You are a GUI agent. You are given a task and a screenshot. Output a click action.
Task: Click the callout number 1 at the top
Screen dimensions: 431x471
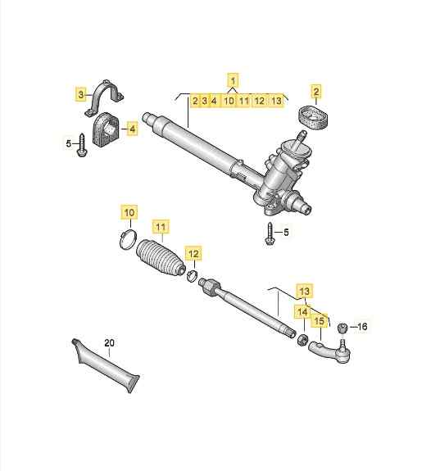tap(234, 80)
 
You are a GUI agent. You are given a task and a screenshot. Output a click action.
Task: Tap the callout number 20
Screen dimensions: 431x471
tap(110, 342)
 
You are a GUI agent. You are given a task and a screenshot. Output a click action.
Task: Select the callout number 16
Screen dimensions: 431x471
tap(362, 326)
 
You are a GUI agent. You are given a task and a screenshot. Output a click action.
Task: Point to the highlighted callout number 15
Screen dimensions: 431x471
tap(320, 321)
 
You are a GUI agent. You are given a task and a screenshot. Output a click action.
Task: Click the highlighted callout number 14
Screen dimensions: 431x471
tap(302, 312)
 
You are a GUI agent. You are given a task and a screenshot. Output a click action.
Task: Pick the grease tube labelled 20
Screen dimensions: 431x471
tap(106, 365)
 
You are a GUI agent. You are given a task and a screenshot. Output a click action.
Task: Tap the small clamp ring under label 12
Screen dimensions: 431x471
tap(192, 276)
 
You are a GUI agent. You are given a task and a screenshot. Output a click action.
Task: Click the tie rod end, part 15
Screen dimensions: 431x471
tap(329, 351)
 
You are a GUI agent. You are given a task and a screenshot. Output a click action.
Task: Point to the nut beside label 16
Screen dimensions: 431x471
tap(343, 328)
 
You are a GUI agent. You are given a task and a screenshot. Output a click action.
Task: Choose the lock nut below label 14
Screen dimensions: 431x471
tap(302, 339)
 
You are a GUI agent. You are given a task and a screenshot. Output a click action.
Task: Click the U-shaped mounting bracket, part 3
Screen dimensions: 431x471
tap(105, 98)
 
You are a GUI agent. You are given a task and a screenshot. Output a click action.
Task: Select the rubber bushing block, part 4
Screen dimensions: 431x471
tap(106, 129)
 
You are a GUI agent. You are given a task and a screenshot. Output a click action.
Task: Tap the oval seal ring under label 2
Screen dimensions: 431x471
tap(314, 117)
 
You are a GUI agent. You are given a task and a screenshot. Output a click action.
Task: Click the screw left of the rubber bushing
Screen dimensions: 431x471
tap(82, 145)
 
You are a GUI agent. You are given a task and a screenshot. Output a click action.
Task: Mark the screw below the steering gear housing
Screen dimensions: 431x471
tap(270, 233)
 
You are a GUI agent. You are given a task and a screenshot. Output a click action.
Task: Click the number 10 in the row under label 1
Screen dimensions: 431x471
tap(229, 101)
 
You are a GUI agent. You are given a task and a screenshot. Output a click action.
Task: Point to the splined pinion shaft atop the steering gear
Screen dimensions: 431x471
tap(300, 138)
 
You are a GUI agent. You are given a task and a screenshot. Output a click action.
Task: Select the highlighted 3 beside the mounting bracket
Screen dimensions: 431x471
tap(80, 95)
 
